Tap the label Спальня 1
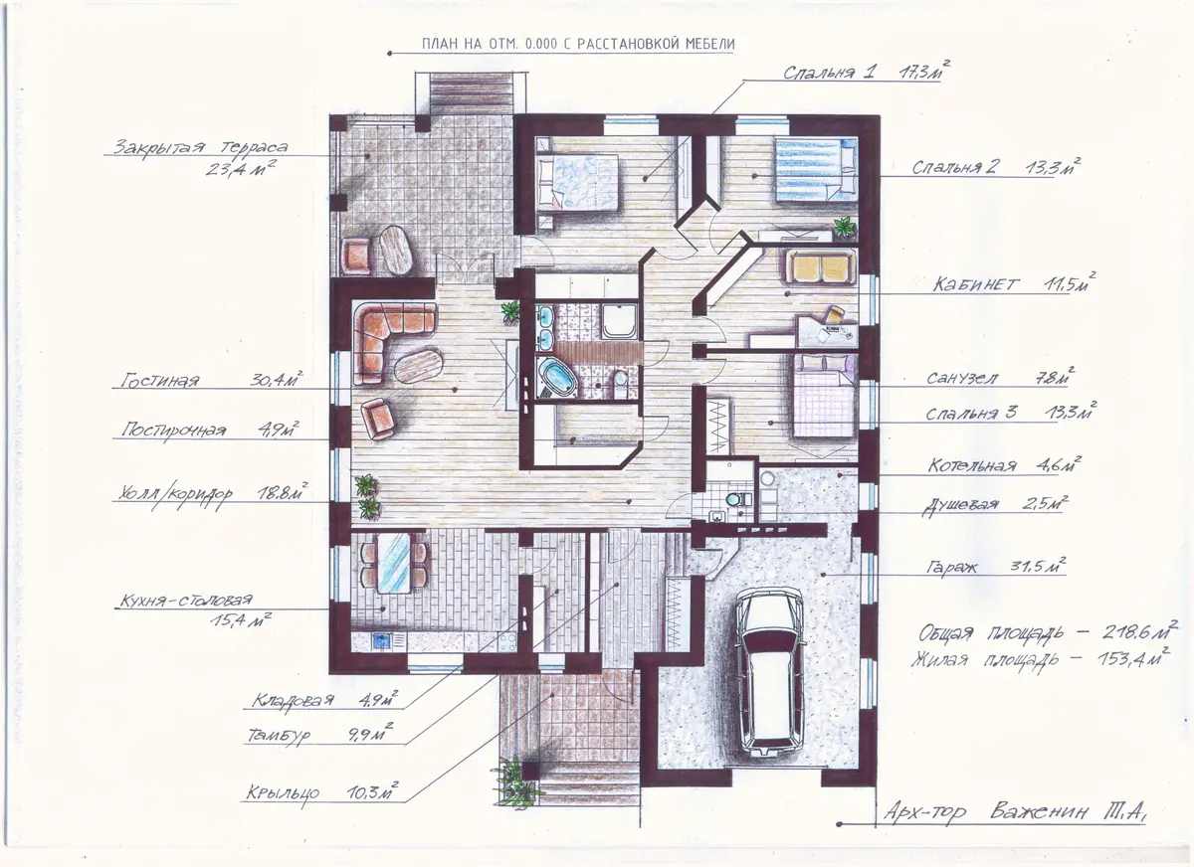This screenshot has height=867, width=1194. coord(828,73)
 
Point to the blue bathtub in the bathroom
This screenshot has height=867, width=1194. coord(556,377)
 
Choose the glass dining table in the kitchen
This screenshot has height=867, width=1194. coord(394,563)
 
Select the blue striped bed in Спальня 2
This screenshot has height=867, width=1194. coord(816,170)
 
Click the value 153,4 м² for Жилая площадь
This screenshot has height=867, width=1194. coord(1133,657)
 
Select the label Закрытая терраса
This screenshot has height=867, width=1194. coord(201,147)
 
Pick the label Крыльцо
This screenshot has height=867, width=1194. coord(283,793)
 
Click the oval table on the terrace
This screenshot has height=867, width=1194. coord(396,250)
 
